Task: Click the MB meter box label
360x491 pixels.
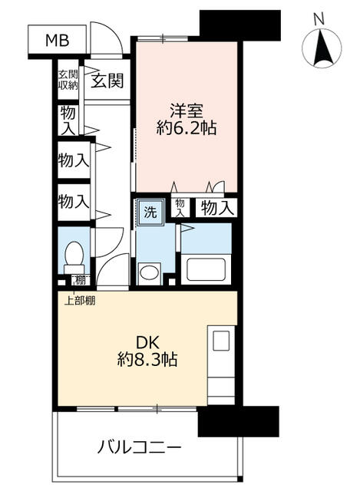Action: click(58, 40)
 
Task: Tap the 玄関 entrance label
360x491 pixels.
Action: click(107, 81)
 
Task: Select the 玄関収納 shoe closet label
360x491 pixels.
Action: click(68, 80)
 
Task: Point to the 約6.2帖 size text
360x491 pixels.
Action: click(187, 128)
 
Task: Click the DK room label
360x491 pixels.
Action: click(147, 342)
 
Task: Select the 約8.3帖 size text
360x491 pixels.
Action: click(147, 360)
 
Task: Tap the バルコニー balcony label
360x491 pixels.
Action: click(139, 447)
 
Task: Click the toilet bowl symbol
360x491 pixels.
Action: click(74, 258)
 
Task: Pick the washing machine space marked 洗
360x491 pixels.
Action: click(150, 212)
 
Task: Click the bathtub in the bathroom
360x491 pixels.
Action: click(206, 269)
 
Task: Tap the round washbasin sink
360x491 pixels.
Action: click(149, 272)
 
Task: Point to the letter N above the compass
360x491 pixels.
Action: click(319, 20)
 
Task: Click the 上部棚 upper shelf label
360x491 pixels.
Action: click(80, 301)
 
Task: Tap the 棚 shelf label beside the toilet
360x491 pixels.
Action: click(81, 279)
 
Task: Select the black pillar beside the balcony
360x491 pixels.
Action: click(238, 421)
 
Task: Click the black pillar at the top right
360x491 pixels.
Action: click(240, 25)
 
